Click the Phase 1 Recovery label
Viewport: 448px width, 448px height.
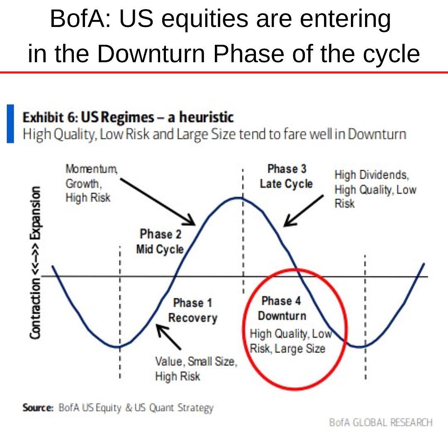coord(192,310)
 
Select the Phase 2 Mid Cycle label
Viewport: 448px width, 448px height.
coord(160,241)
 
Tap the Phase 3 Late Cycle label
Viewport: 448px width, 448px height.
coord(286,176)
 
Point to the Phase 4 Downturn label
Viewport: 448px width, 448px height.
coord(282,308)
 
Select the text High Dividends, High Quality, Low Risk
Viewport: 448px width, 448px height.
coord(375,189)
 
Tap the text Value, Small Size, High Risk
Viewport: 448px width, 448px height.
coord(196,369)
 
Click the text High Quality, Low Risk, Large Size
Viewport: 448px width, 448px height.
coord(290,341)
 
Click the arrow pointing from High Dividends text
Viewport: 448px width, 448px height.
coord(302,211)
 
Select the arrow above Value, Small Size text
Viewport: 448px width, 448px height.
coord(168,336)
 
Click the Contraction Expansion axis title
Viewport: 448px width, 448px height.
coord(36,262)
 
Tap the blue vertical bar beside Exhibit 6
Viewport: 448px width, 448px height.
coord(10,124)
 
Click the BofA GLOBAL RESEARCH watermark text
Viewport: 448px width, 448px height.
coord(380,422)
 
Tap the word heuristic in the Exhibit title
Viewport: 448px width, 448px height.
coord(206,118)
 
